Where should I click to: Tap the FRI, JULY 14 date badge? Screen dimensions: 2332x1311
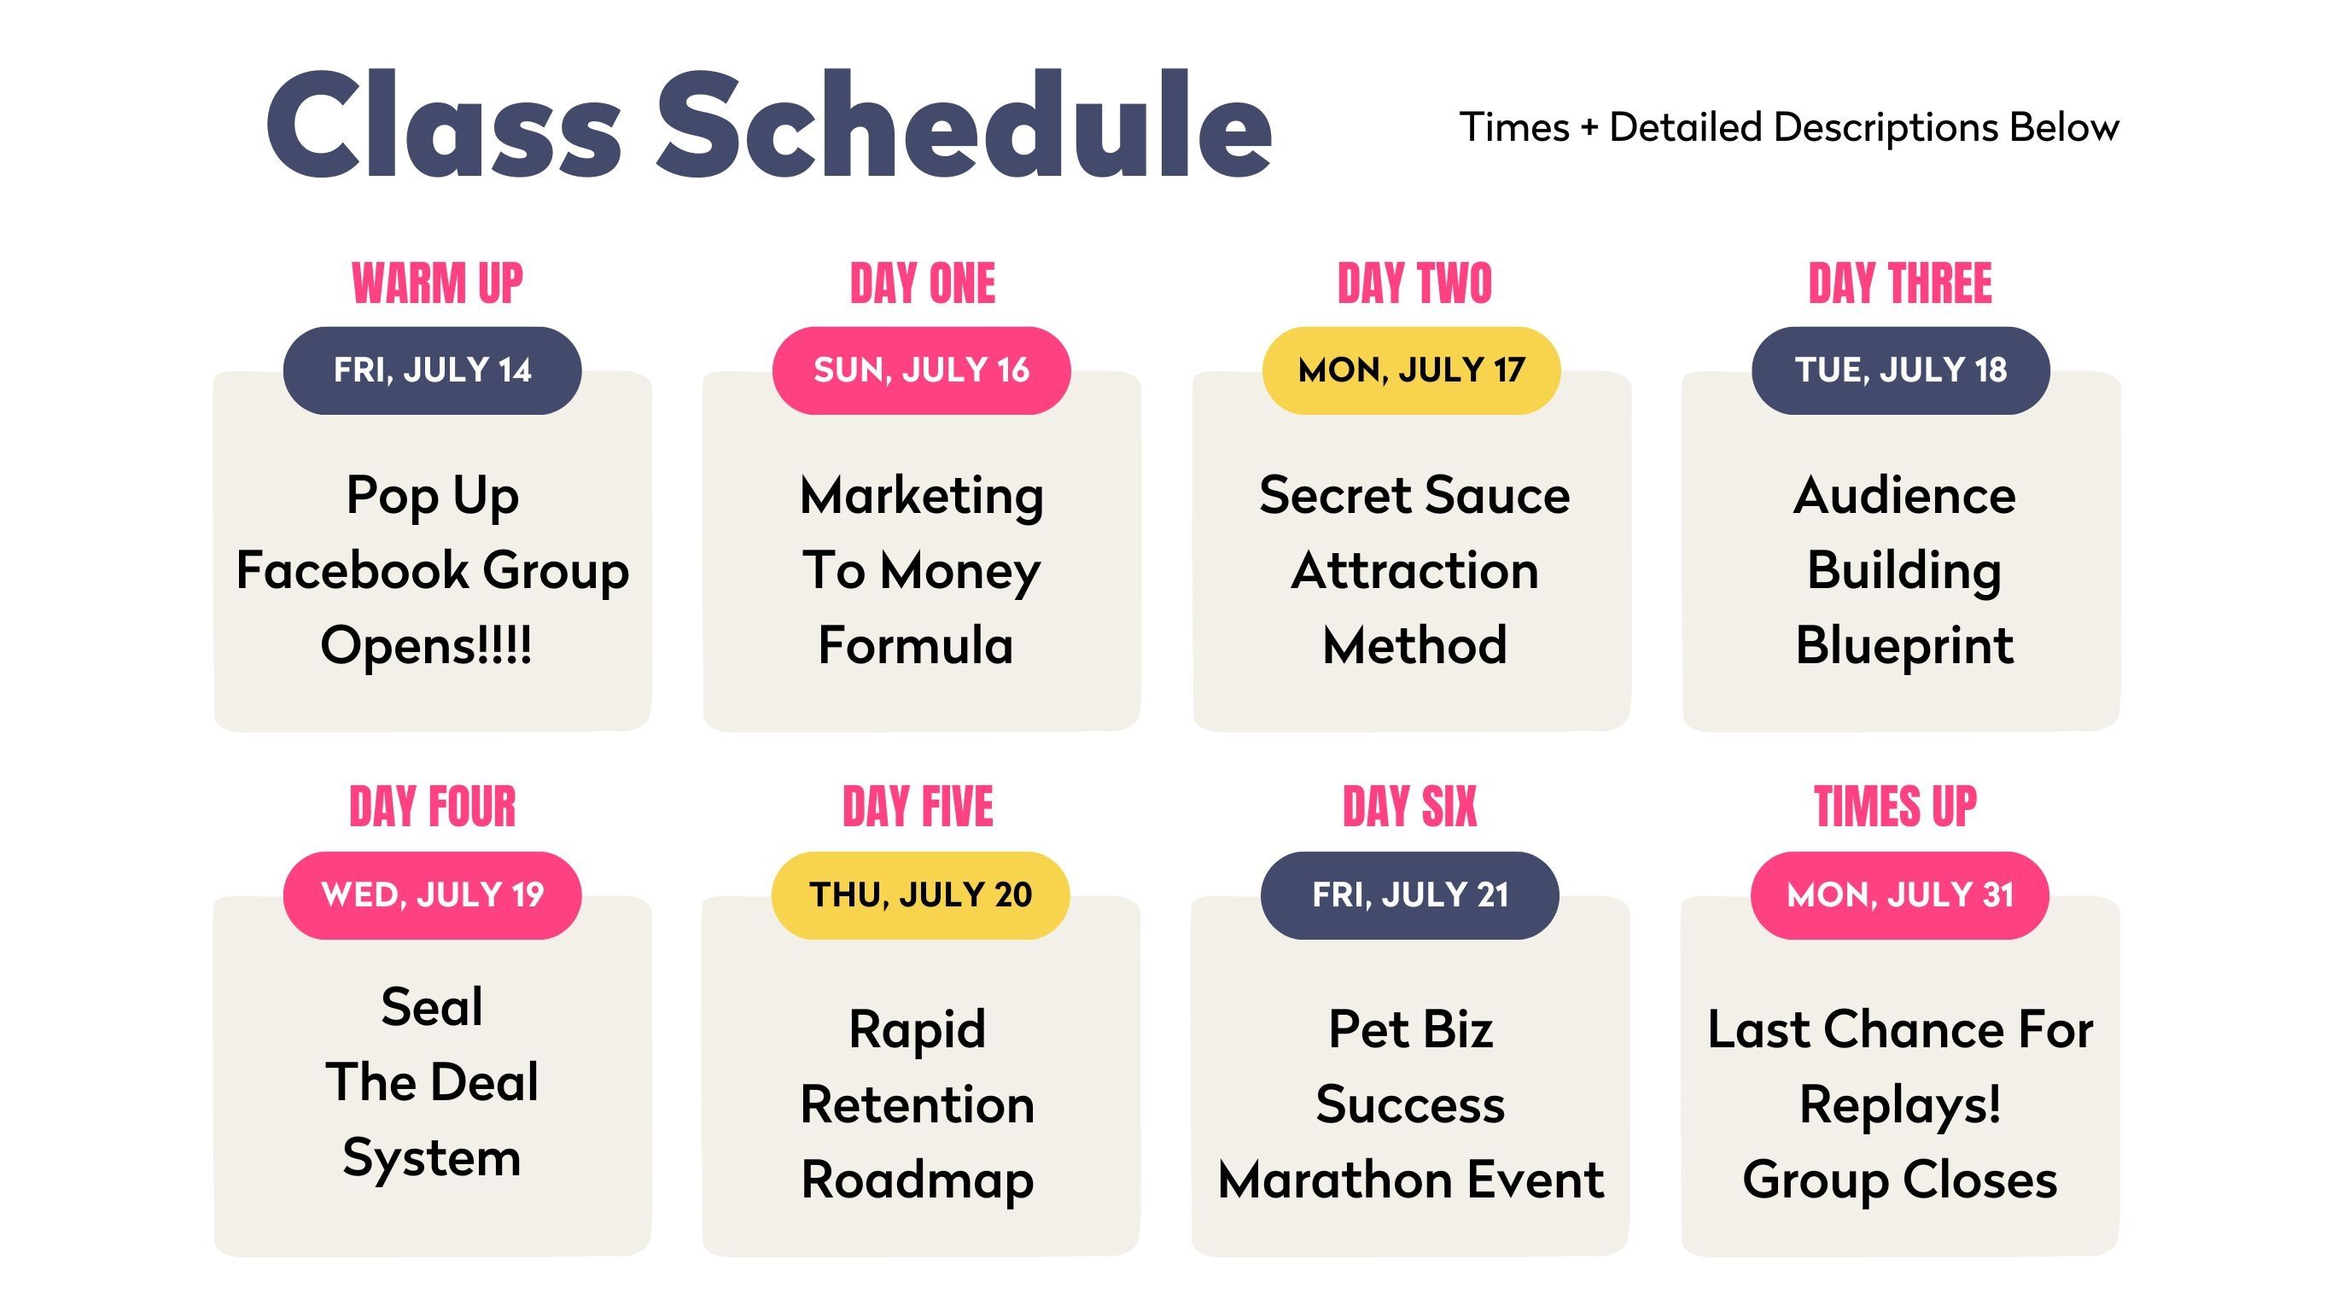tap(432, 370)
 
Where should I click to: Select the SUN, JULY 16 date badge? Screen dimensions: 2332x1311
tap(921, 370)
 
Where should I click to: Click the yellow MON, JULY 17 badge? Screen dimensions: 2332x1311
tap(1410, 370)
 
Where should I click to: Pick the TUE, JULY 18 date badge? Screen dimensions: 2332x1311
tap(1900, 370)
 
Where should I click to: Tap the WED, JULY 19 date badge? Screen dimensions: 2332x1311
tap(432, 894)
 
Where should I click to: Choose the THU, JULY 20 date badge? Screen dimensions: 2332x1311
tap(920, 894)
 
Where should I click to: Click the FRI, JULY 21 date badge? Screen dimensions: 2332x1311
tap(1409, 894)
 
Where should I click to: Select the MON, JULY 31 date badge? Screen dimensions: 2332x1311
tap(1899, 894)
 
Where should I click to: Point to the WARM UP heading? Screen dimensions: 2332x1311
tap(437, 283)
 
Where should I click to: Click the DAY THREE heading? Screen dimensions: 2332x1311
tap(1900, 283)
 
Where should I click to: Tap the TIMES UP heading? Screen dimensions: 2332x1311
tap(1896, 807)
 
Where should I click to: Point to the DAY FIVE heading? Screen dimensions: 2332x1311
tap(918, 807)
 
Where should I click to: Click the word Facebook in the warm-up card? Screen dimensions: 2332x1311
tap(353, 570)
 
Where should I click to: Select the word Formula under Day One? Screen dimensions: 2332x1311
tap(915, 645)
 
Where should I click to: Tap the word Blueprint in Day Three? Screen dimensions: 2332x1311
tap(1904, 646)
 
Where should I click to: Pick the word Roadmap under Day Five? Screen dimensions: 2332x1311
tap(917, 1180)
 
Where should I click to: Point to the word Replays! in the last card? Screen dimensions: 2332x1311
tap(1900, 1106)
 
